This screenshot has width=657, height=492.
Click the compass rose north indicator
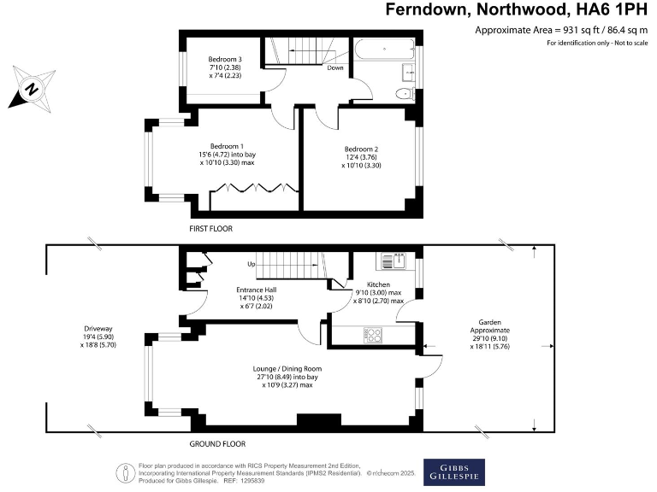(x=32, y=89)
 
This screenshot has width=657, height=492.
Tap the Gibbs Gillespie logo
(x=454, y=472)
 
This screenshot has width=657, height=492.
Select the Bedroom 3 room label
(x=225, y=60)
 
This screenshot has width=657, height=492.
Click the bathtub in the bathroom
(x=385, y=50)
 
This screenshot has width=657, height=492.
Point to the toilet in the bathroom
(x=405, y=94)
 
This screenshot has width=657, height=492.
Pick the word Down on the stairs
(x=335, y=67)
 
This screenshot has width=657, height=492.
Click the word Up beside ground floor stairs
(x=252, y=265)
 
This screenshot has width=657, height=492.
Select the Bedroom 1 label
(x=227, y=146)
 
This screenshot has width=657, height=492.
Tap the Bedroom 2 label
(x=361, y=149)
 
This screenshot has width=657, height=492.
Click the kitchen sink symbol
(x=394, y=261)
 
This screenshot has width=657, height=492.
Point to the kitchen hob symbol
(x=373, y=335)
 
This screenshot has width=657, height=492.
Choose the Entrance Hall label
(x=257, y=290)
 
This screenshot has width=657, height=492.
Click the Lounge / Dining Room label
(x=287, y=369)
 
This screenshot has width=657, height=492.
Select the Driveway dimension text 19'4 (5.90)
(x=98, y=337)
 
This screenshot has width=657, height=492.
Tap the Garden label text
(x=490, y=323)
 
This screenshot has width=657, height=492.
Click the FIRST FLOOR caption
(x=210, y=229)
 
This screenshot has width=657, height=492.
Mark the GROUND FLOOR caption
(x=217, y=444)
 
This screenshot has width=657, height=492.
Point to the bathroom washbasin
(x=409, y=73)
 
